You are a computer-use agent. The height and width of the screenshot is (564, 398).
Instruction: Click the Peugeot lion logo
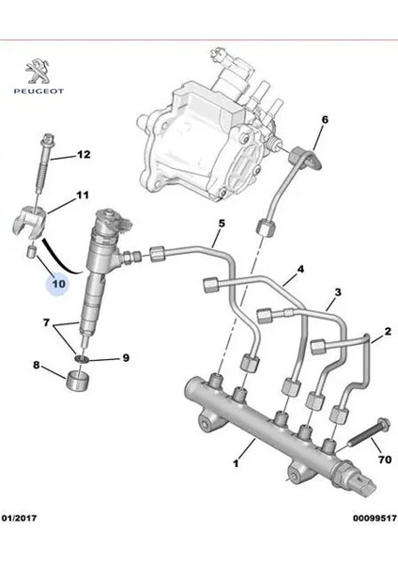click(35, 73)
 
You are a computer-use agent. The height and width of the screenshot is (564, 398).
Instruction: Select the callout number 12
click(84, 155)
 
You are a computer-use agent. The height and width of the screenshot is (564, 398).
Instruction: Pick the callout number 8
click(37, 367)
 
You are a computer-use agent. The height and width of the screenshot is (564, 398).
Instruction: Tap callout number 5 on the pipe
click(222, 224)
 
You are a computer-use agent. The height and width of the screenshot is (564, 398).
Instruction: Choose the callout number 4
click(300, 270)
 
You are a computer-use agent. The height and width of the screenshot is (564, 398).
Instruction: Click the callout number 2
click(386, 334)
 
